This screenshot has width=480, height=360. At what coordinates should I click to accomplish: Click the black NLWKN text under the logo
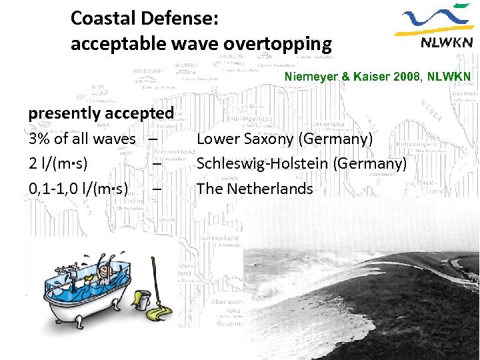point(447,43)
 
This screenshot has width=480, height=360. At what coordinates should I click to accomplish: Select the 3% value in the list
point(38,139)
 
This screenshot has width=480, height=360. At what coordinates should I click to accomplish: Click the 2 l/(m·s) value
point(59,164)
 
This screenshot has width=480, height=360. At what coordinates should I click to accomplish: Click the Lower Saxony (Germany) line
point(284,139)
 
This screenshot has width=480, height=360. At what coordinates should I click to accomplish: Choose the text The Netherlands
point(254,189)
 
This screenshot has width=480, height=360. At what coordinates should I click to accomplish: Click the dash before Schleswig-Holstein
point(155,164)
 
